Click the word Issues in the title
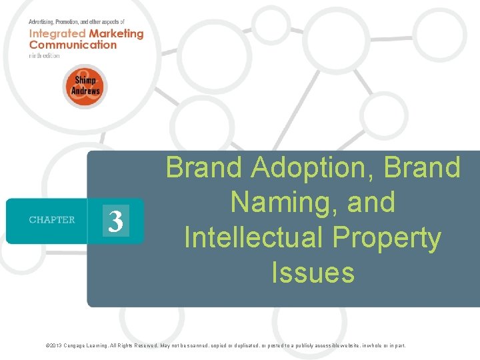(x=313, y=272)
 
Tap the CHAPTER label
(x=52, y=220)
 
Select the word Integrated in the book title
(x=57, y=33)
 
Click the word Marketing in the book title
(x=115, y=33)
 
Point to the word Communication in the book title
(x=73, y=45)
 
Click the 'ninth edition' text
(x=44, y=55)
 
